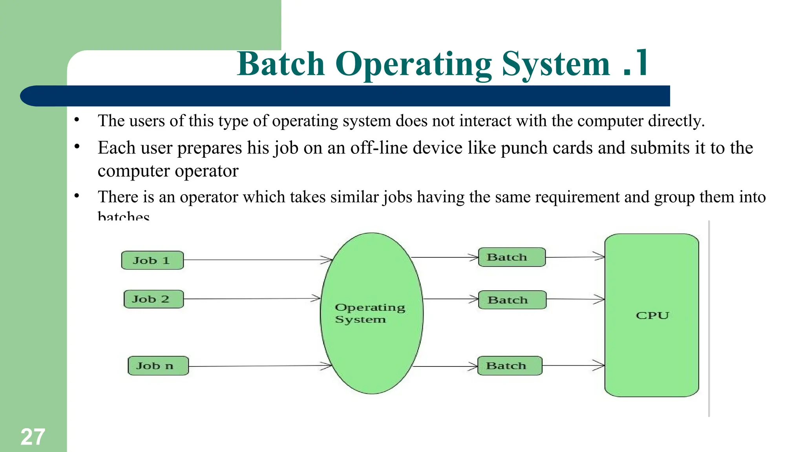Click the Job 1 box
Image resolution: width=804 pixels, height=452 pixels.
(x=152, y=261)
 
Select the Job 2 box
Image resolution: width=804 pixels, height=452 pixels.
(x=153, y=299)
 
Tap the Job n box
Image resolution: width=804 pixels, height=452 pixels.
(x=158, y=366)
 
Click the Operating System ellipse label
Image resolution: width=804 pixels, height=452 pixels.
(x=370, y=313)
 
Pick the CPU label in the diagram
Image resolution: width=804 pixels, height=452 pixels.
(x=652, y=315)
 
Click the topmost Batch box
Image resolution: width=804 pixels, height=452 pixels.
(x=512, y=257)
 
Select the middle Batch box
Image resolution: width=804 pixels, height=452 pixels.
(x=512, y=300)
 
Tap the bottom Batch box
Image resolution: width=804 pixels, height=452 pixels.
(x=510, y=366)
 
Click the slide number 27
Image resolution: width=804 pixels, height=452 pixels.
(x=33, y=437)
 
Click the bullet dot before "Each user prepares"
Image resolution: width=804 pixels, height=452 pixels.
(x=77, y=147)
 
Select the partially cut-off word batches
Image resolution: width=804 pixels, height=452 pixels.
(x=123, y=216)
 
